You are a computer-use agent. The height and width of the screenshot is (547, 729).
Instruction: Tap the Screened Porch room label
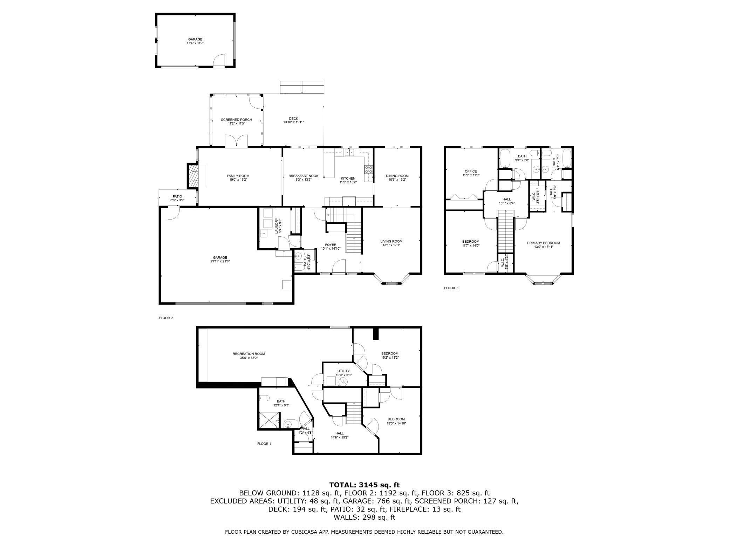(236, 120)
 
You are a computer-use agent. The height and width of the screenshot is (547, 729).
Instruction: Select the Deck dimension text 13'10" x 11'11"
(293, 122)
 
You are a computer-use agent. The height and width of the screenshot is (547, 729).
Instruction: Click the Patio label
(177, 196)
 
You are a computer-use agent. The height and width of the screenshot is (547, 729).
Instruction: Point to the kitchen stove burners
(368, 170)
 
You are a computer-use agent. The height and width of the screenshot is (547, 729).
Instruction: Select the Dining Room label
(397, 176)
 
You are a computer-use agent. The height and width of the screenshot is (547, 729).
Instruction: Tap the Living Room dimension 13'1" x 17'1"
(391, 245)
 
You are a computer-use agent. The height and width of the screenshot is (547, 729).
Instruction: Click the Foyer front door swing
(339, 266)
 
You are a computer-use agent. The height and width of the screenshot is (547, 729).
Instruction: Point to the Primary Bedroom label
(543, 243)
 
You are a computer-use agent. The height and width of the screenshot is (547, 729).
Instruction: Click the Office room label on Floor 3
(471, 171)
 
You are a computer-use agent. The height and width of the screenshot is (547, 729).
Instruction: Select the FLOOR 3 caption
(451, 288)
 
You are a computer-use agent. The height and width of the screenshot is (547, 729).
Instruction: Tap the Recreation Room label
(249, 354)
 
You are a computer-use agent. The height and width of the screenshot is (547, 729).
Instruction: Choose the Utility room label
(343, 371)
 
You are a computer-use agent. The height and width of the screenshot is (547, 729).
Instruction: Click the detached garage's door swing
(219, 60)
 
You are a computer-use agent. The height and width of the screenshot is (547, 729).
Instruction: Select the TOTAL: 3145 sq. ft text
(364, 485)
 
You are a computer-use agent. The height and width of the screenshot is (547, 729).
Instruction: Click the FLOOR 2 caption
(166, 318)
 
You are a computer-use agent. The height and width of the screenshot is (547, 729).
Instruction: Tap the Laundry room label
(277, 225)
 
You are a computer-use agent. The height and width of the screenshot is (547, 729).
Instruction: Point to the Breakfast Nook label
(303, 176)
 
